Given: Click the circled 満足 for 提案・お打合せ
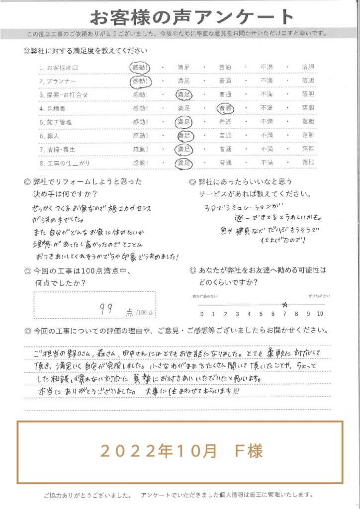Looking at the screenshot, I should coord(183,94).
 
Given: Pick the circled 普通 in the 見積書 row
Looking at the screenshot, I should coord(226,108).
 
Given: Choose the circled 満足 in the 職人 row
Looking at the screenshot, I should coord(183,135).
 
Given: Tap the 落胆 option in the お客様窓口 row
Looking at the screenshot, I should coord(308,67).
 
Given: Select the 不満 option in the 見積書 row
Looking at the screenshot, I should coord(267,108).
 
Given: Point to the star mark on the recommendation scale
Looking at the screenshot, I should coord(285,305).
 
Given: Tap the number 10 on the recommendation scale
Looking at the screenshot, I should coord(320,314).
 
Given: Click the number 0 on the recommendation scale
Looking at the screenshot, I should coord(202,314).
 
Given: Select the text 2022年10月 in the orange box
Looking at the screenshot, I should coord(159,451).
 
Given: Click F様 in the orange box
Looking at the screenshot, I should coord(247,451).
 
